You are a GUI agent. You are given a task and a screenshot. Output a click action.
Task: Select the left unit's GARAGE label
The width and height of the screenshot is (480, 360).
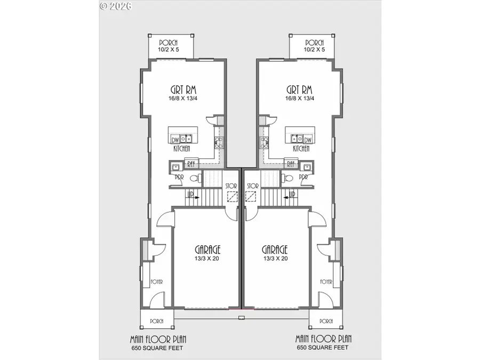(x=207, y=249)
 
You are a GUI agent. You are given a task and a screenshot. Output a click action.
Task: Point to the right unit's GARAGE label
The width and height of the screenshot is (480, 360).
(x=275, y=249)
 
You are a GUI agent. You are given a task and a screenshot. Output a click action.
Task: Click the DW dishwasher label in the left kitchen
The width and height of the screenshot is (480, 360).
(x=175, y=140)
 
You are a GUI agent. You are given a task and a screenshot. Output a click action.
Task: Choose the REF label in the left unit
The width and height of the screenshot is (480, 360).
(x=190, y=164)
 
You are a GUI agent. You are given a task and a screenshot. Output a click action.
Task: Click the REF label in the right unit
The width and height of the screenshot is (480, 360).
(x=291, y=164)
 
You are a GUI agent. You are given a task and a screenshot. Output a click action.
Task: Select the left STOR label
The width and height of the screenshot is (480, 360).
(x=231, y=186)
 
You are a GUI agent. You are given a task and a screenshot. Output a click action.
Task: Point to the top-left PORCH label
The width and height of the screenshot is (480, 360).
(x=168, y=43)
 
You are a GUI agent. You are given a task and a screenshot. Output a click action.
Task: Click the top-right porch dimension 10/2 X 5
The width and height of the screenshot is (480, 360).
(x=315, y=50)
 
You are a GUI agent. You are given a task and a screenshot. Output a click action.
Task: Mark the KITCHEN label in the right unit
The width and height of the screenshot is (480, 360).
(x=301, y=149)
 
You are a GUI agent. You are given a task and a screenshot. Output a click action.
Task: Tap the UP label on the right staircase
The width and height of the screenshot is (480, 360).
(x=292, y=195)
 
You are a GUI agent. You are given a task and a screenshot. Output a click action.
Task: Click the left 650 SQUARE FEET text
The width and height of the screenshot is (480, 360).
(x=158, y=348)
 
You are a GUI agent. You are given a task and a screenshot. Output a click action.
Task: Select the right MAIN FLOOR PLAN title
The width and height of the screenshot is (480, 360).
(x=323, y=339)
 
